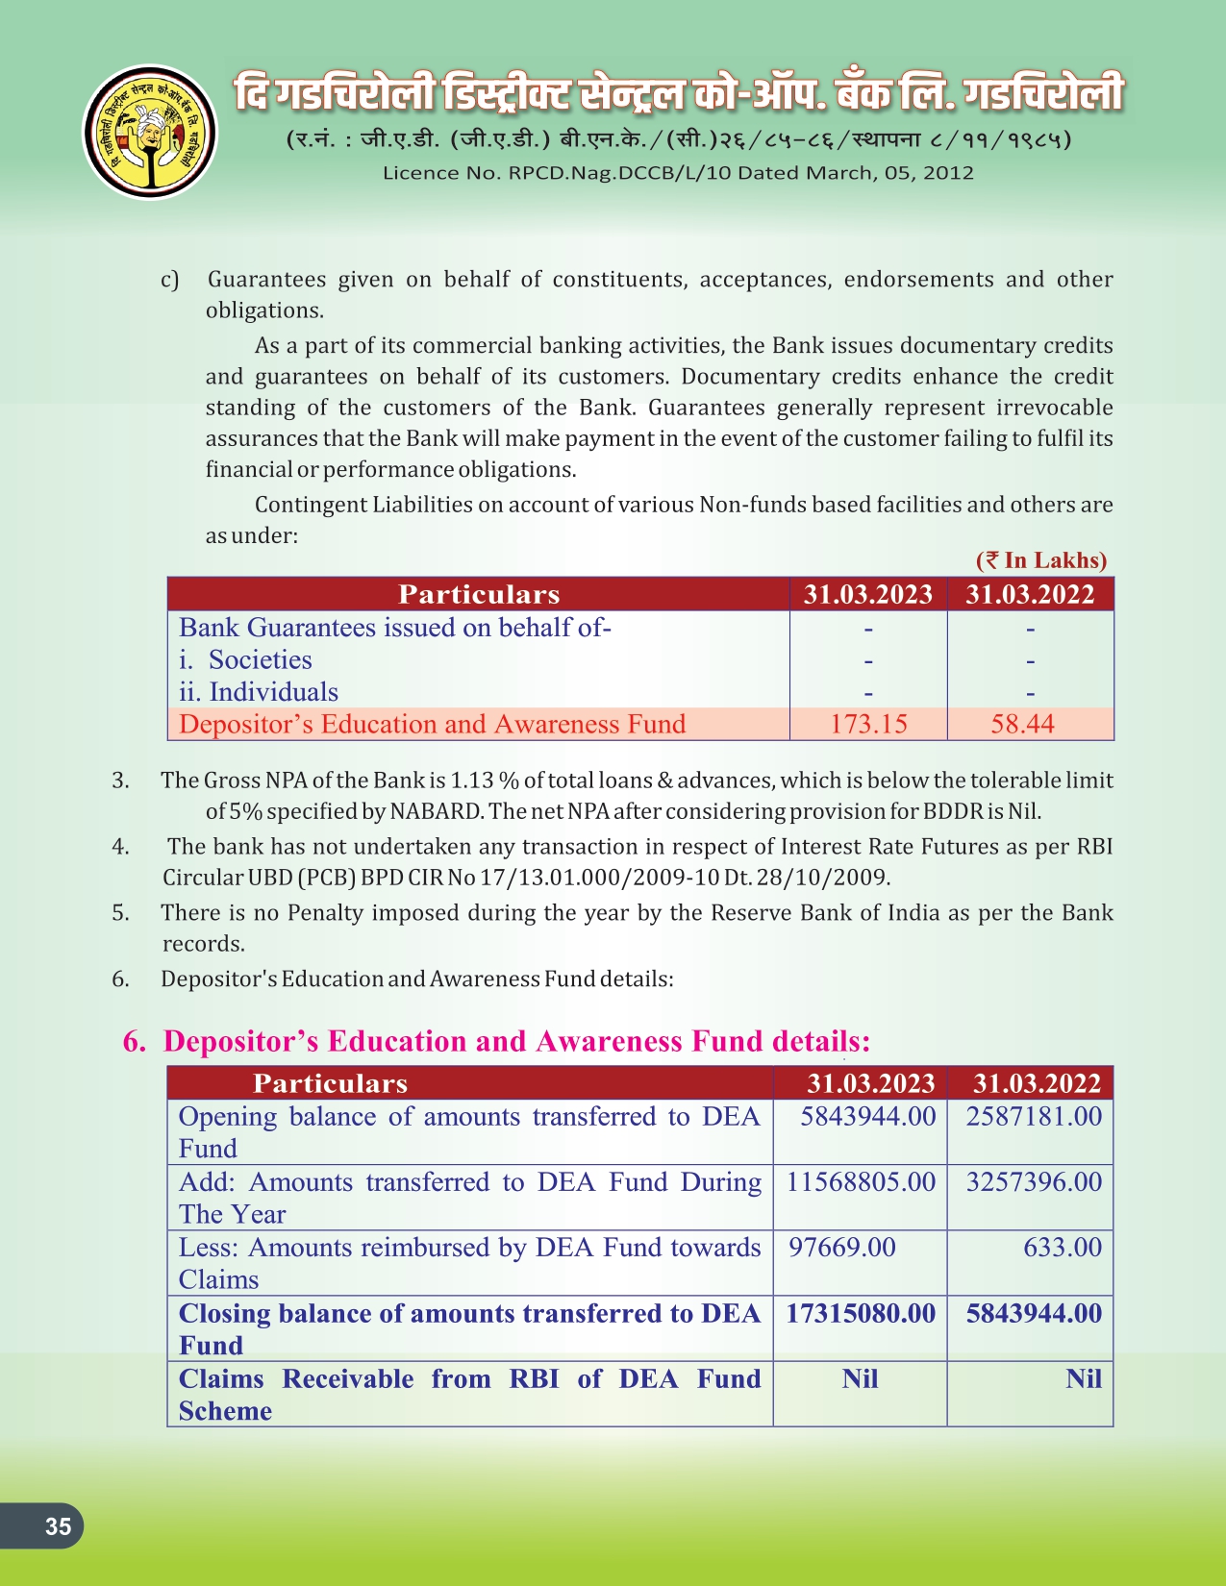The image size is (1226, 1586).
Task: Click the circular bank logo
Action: click(x=150, y=133)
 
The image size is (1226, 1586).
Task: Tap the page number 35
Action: click(x=58, y=1526)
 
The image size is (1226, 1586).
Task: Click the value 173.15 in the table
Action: click(x=868, y=724)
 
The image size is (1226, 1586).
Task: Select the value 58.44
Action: click(x=1022, y=724)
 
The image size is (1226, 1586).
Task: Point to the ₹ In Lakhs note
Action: click(x=1041, y=559)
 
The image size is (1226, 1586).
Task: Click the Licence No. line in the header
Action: click(x=678, y=173)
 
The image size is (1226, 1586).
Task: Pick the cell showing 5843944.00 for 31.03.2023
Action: click(x=867, y=1116)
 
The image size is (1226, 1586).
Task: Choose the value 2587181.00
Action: click(x=1034, y=1116)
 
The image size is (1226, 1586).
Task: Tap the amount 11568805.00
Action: click(x=861, y=1181)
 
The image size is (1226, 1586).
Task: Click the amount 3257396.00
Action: click(x=1034, y=1181)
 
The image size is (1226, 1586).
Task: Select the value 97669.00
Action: click(x=842, y=1248)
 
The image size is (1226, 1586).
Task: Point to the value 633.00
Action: click(x=1063, y=1248)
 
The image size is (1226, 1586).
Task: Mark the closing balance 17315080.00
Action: click(x=861, y=1313)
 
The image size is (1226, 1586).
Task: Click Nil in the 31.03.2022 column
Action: click(x=1083, y=1378)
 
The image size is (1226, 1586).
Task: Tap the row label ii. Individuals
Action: click(x=259, y=692)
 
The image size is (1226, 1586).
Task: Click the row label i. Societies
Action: click(x=246, y=659)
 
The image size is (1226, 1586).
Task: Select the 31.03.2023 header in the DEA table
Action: click(x=870, y=1083)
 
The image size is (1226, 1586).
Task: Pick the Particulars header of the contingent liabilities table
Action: click(x=479, y=594)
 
